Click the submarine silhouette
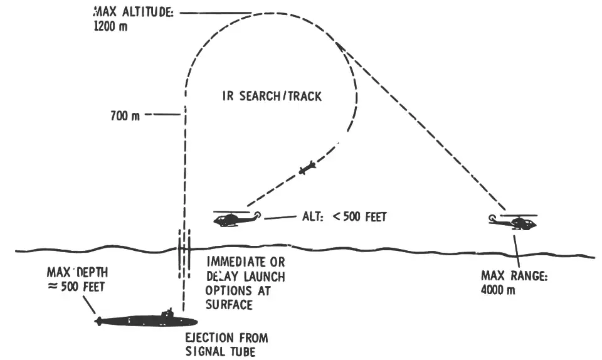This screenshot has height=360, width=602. [x=146, y=319]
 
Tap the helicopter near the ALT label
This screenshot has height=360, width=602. [x=237, y=218]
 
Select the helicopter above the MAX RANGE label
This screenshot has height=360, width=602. [x=513, y=221]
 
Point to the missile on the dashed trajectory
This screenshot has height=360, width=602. [x=307, y=167]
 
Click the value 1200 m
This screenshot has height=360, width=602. [x=110, y=26]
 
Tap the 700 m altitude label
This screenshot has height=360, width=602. [x=125, y=115]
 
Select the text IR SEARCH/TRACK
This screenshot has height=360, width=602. [x=272, y=96]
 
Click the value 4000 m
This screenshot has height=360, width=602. [x=498, y=289]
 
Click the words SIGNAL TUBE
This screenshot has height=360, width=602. [x=220, y=351]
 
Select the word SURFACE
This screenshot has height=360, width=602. [x=230, y=305]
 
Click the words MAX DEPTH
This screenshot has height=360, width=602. [x=78, y=272]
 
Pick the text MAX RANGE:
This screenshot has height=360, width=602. [x=514, y=275]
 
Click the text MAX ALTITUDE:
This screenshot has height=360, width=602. [x=134, y=12]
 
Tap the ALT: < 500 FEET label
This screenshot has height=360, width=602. [x=344, y=217]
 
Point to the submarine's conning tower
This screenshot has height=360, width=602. [x=168, y=312]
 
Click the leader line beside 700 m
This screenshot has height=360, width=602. [x=162, y=114]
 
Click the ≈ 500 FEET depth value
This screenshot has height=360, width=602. [x=77, y=287]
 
